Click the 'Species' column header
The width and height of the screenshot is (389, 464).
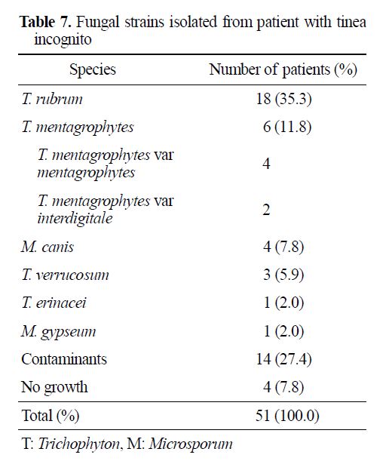93,70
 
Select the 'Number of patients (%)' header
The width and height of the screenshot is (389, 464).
283,70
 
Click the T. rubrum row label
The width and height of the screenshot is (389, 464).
52,99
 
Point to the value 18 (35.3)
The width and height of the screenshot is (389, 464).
283,99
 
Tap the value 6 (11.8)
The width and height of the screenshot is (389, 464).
287,127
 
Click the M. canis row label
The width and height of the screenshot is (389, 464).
47,247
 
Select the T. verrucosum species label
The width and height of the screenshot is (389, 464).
66,275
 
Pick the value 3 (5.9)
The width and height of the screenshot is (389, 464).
283,275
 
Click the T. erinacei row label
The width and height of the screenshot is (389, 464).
54,303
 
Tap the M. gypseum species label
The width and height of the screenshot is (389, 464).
59,332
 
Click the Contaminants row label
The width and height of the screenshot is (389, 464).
64,359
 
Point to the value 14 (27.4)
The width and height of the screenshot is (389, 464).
283,359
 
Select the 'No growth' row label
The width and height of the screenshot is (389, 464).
54,388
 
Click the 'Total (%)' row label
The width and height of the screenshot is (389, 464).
51,416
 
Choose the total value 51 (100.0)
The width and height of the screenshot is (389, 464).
287,416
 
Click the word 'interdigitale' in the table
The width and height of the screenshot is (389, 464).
75,219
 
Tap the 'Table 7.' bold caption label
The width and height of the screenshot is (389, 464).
46,22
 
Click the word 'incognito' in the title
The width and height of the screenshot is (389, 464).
63,40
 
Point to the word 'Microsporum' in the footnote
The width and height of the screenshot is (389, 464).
191,444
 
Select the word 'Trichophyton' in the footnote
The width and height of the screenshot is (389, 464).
79,444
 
